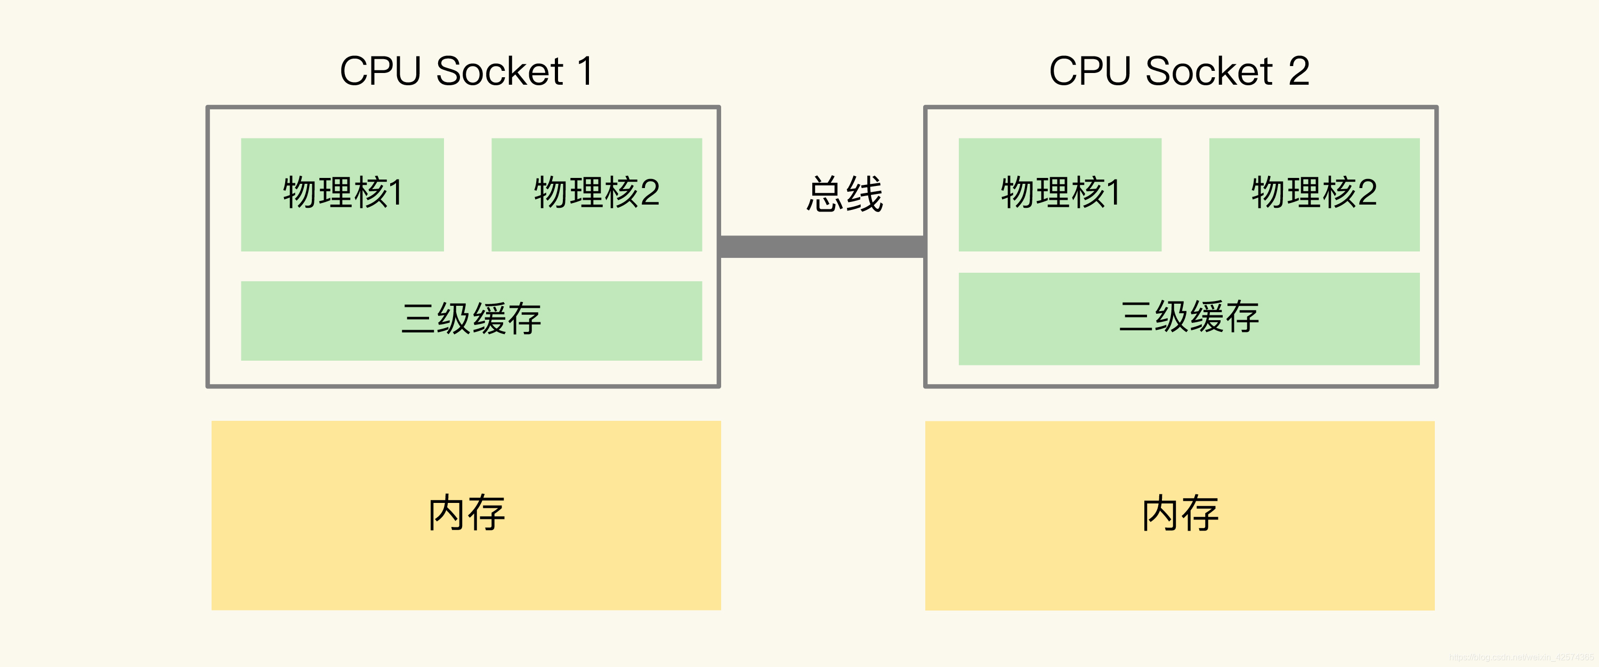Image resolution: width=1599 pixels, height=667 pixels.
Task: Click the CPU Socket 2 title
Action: point(1179,71)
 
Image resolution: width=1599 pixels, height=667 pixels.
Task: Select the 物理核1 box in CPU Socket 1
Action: point(342,194)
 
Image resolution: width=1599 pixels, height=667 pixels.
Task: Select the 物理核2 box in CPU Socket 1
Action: point(596,194)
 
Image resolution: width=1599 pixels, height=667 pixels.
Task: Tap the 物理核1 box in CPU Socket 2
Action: point(1060,194)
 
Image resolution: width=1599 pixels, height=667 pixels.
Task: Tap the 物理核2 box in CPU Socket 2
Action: point(1314,194)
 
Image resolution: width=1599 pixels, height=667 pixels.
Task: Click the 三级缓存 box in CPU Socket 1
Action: point(471,320)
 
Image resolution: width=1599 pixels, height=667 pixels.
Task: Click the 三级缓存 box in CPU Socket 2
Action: point(1189,318)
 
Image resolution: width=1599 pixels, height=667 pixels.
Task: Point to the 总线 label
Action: point(844,194)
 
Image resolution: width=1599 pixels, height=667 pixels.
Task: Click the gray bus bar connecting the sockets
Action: point(822,246)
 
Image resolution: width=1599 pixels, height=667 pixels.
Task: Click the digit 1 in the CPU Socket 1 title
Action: point(584,71)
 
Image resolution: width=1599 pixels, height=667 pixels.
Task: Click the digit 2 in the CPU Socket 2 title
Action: point(1298,71)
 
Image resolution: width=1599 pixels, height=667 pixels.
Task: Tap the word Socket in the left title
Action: point(500,71)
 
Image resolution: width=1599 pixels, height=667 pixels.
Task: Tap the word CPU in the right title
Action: point(1089,71)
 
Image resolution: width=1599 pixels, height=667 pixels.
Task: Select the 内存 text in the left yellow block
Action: point(467,513)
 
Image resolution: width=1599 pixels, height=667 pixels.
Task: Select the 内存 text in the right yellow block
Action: point(1180,513)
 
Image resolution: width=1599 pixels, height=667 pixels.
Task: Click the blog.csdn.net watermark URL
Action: point(1521,657)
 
